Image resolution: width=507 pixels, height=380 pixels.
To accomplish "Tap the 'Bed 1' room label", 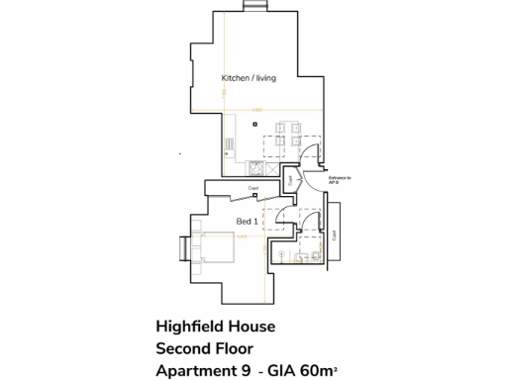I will (x=247, y=223).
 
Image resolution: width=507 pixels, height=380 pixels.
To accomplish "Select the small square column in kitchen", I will (x=254, y=124).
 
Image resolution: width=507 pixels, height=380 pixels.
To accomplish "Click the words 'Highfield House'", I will (x=215, y=326).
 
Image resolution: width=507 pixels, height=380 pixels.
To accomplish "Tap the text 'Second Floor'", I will (x=205, y=347).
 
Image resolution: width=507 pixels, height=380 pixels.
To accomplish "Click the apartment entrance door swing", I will (x=313, y=158).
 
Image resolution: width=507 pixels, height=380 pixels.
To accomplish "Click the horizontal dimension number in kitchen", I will (x=255, y=109).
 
